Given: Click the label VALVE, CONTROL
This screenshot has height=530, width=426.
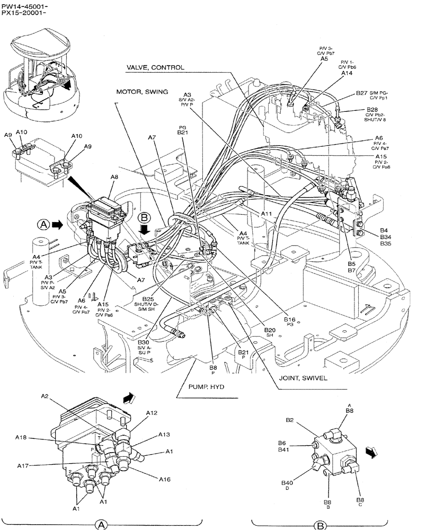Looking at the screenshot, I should tap(155, 68).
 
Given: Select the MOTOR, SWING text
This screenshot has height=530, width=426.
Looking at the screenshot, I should tap(142, 92).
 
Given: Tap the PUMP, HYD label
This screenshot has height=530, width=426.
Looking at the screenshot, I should tap(206, 387).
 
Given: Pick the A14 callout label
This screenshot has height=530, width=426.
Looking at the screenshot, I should tap(347, 74).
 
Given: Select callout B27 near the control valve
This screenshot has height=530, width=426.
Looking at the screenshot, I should tap(361, 93).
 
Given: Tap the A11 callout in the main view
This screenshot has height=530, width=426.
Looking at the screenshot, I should tap(267, 213).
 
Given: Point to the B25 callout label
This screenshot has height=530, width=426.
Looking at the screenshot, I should tap(148, 299).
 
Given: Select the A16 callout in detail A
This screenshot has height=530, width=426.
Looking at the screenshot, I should tap(164, 479).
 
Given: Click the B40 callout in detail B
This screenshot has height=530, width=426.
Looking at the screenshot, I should tap(287, 482).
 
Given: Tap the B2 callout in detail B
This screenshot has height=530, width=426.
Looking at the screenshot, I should tap(290, 420).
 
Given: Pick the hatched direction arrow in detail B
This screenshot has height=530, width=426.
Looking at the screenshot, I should tap(372, 452).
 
